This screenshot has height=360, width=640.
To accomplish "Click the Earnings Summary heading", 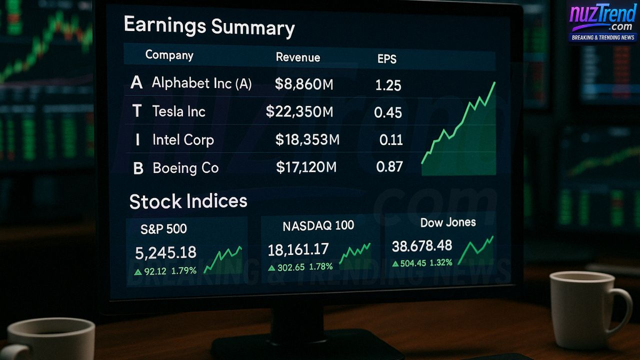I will pyautogui.click(x=209, y=27).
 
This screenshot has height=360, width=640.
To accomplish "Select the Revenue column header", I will pyautogui.click(x=298, y=58).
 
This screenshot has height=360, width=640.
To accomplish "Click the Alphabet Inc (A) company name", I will pyautogui.click(x=202, y=83).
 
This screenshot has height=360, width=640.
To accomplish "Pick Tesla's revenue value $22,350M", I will pyautogui.click(x=300, y=111).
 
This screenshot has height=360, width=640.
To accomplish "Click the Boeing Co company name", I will pyautogui.click(x=186, y=168).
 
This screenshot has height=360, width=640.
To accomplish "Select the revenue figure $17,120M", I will pyautogui.click(x=306, y=167).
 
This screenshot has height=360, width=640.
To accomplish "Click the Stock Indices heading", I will pyautogui.click(x=188, y=201).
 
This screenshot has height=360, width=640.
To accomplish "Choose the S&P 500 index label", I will pyautogui.click(x=164, y=229).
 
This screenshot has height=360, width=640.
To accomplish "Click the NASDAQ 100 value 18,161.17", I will pyautogui.click(x=298, y=249).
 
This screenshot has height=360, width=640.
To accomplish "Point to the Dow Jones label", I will pyautogui.click(x=447, y=222).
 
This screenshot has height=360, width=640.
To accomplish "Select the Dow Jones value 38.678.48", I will pyautogui.click(x=422, y=246).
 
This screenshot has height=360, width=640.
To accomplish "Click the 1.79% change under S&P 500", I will pyautogui.click(x=183, y=271).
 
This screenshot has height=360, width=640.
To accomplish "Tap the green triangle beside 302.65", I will pyautogui.click(x=272, y=268).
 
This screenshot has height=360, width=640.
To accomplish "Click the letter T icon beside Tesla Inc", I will pyautogui.click(x=137, y=111).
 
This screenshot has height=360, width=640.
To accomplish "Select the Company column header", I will pyautogui.click(x=169, y=55).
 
